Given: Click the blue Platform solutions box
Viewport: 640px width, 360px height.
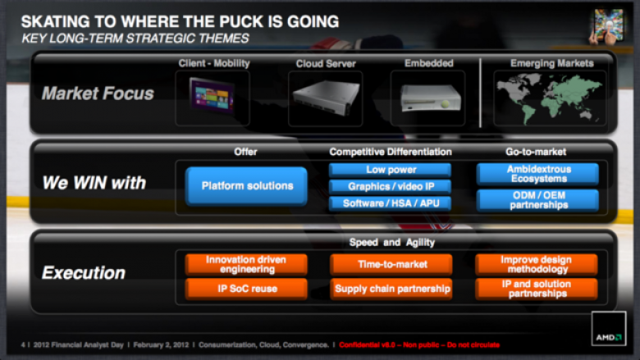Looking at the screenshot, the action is tap(246, 186).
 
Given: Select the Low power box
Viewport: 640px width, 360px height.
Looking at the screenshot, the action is tap(391, 170).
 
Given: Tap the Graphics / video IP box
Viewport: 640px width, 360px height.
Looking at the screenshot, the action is tap(391, 186).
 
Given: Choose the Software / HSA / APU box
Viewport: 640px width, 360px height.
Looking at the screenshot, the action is tap(391, 203).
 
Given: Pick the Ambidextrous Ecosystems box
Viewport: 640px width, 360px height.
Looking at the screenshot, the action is tap(537, 174).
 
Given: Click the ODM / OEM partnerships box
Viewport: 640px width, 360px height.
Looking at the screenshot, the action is tap(537, 200).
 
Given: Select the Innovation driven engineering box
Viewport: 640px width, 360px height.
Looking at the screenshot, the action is tap(246, 265).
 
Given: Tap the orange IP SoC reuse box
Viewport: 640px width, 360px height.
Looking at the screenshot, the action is tap(246, 289).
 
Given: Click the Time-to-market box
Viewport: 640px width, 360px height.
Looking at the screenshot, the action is tap(391, 265).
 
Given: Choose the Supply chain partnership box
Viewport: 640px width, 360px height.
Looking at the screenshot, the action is tap(391, 289).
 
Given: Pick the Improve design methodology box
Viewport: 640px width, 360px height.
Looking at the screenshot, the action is tap(537, 265).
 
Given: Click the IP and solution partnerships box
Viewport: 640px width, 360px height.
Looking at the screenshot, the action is tap(537, 289).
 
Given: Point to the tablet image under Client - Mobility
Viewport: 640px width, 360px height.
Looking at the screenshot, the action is tap(212, 96).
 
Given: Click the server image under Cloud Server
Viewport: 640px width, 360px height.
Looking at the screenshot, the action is tap(325, 98).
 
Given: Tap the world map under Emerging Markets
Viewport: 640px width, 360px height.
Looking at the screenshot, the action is tap(550, 98).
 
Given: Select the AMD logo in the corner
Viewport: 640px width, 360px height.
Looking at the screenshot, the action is tap(609, 328).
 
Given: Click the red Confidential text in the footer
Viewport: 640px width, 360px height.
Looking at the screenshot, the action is tap(419, 345).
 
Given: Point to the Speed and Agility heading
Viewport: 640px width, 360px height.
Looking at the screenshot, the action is tap(392, 243).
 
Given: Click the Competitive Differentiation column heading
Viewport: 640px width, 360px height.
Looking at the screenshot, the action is tap(391, 152).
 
